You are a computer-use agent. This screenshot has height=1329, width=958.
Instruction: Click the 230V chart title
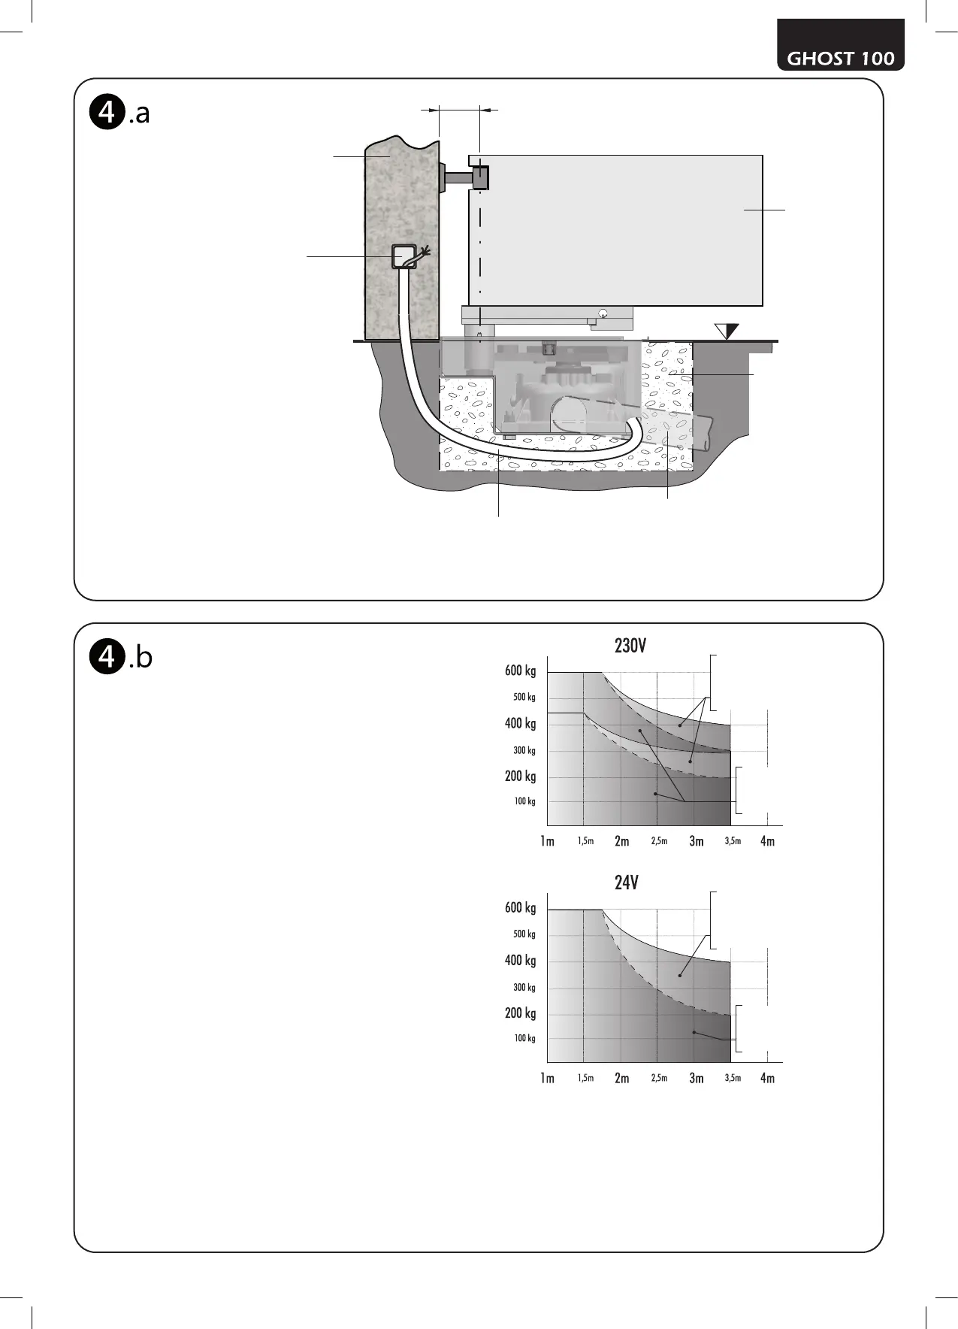630,646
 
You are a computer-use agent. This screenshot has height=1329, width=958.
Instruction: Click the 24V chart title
627,882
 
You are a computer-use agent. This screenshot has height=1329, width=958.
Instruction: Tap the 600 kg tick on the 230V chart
521,671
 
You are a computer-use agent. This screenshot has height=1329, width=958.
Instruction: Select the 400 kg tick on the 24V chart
521,961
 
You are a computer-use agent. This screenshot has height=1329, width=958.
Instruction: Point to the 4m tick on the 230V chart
767,841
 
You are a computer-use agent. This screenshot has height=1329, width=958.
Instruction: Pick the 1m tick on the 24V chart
547,1078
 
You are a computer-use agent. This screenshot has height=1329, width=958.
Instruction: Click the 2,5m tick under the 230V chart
659,841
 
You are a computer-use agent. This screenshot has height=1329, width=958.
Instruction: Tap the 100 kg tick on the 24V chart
524,1038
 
